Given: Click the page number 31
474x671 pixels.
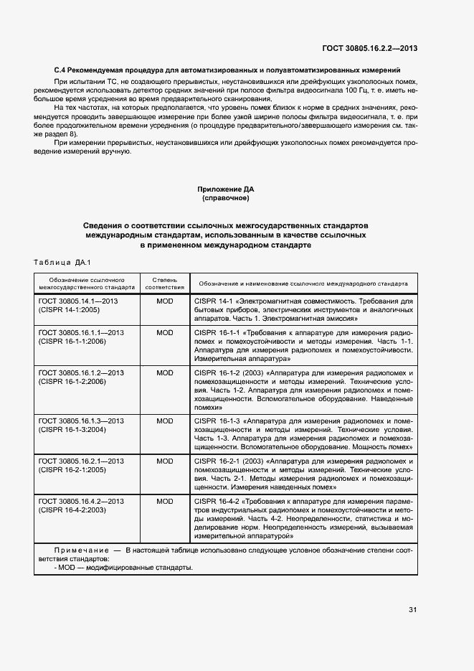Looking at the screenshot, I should [x=413, y=609].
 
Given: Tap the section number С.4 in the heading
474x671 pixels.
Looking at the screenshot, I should [x=62, y=70].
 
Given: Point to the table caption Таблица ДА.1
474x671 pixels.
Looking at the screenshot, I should [x=63, y=263].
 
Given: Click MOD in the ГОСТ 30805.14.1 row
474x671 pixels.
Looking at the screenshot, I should [x=165, y=301].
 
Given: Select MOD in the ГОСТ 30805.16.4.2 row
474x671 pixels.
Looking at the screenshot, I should [x=165, y=501].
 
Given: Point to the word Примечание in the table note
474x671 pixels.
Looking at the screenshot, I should [x=69, y=550].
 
